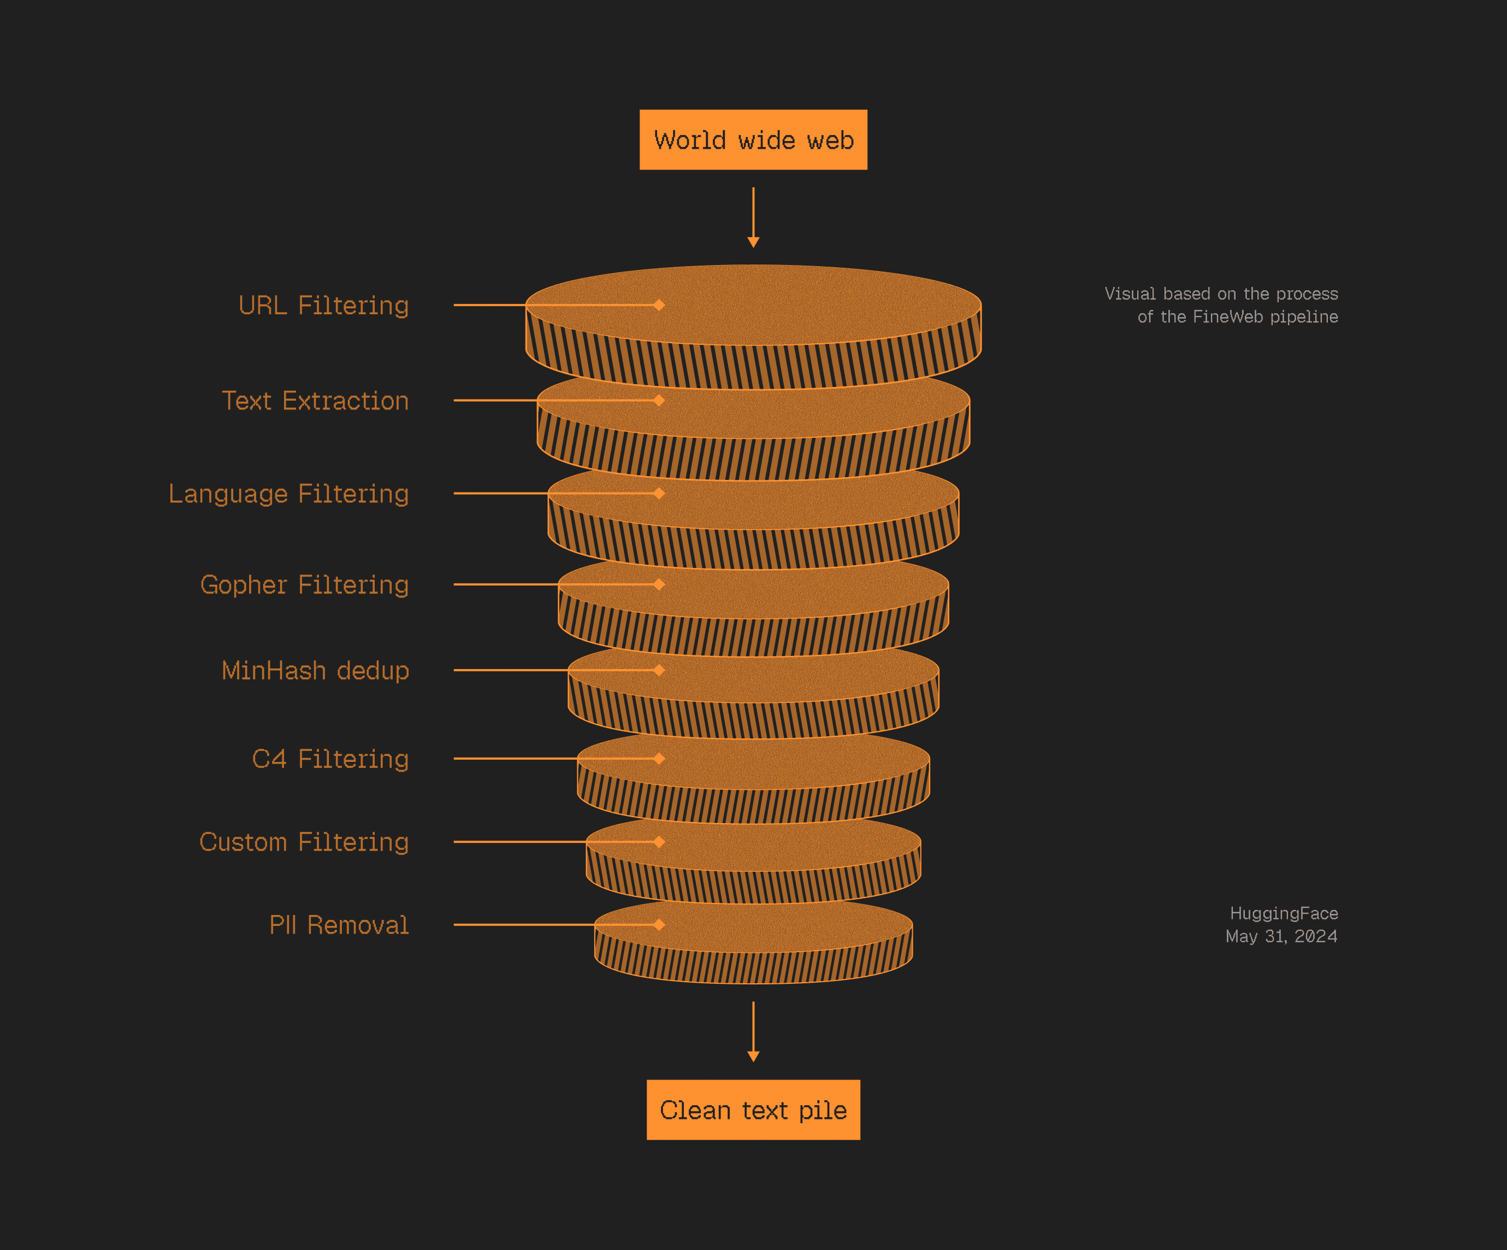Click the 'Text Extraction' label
315,401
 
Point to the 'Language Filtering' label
288,494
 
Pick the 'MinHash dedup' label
315,671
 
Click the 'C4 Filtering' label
330,759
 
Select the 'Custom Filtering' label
304,842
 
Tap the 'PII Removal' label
339,925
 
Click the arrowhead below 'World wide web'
754,243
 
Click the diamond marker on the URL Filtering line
659,305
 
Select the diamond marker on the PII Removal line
659,925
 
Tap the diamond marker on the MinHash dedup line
659,670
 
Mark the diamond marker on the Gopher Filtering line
659,584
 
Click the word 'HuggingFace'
1284,913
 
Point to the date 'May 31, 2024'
1281,936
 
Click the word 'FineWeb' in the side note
1228,316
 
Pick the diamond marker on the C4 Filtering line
659,758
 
